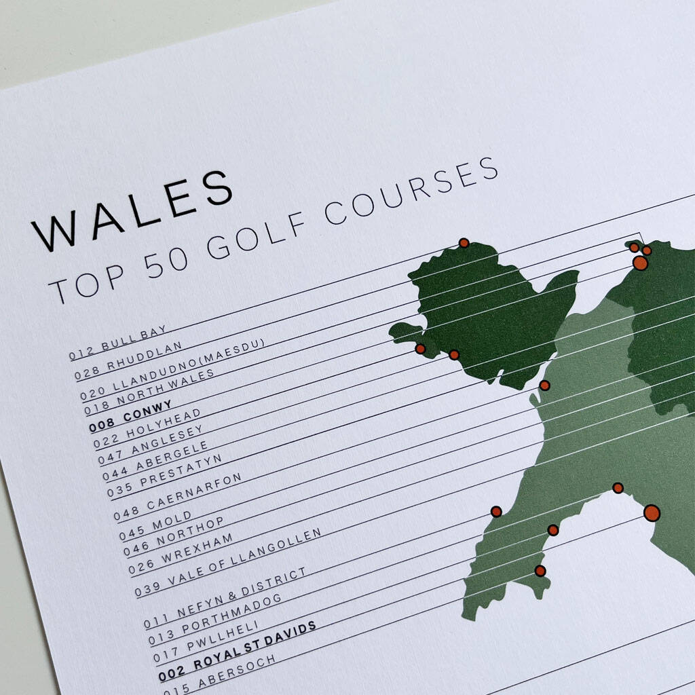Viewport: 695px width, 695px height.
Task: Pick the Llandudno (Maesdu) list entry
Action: (172, 367)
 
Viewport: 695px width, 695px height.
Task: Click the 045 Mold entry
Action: (155, 527)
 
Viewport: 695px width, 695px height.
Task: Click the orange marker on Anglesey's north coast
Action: (464, 243)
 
